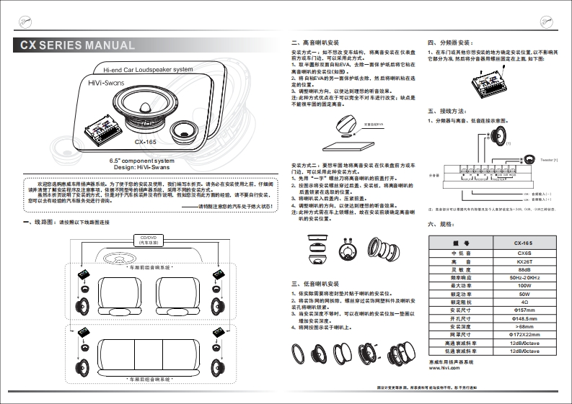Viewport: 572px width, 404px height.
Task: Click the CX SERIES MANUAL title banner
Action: tap(77, 45)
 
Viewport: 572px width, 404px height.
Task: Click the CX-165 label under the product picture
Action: tap(145, 141)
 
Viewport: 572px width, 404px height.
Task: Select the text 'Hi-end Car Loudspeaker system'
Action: tap(148, 70)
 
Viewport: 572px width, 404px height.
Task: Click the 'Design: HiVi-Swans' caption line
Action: tap(141, 166)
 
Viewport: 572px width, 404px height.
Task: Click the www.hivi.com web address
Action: tap(444, 367)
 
